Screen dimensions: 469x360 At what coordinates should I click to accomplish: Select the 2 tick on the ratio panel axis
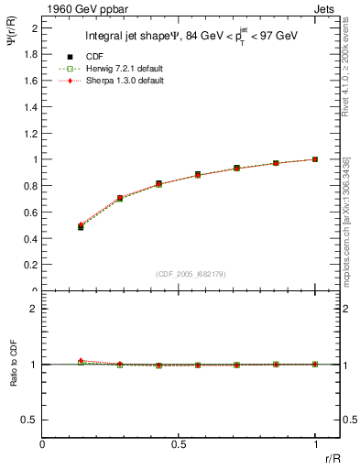37,309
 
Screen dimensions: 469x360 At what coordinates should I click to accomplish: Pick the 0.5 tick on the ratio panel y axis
32,420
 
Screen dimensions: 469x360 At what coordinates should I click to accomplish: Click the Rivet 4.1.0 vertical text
345,92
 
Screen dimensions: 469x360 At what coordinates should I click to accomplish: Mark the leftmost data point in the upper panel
81,226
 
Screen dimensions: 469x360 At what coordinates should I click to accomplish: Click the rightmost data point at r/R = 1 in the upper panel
315,159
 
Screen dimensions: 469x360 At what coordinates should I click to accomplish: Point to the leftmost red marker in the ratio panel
81,361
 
